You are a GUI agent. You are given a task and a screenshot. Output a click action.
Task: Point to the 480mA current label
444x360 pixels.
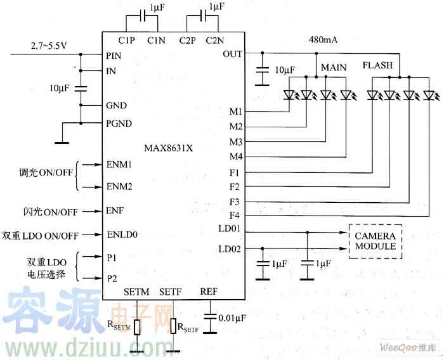click(x=323, y=39)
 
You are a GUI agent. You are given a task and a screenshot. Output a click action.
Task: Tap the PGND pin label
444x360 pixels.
click(x=119, y=123)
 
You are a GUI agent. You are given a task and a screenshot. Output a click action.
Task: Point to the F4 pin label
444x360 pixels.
click(x=235, y=216)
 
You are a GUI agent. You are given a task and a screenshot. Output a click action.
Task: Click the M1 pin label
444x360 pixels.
click(x=235, y=112)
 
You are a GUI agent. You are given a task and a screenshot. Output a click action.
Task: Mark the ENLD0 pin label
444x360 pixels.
click(x=122, y=235)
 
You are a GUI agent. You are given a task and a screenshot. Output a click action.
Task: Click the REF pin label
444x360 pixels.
click(x=209, y=292)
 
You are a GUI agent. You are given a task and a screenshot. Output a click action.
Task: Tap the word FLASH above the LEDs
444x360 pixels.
click(x=377, y=65)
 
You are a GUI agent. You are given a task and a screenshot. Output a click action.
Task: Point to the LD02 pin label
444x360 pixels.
click(x=229, y=249)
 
